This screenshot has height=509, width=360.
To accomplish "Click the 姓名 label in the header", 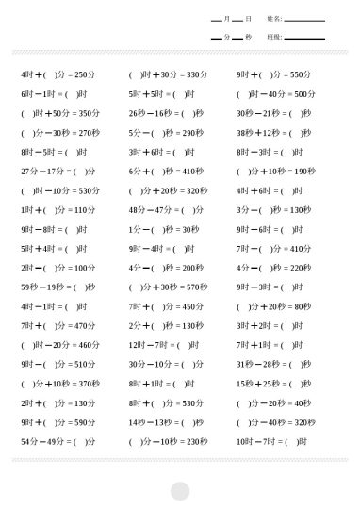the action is click(273, 18).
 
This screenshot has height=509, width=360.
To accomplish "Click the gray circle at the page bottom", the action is click(180, 491).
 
